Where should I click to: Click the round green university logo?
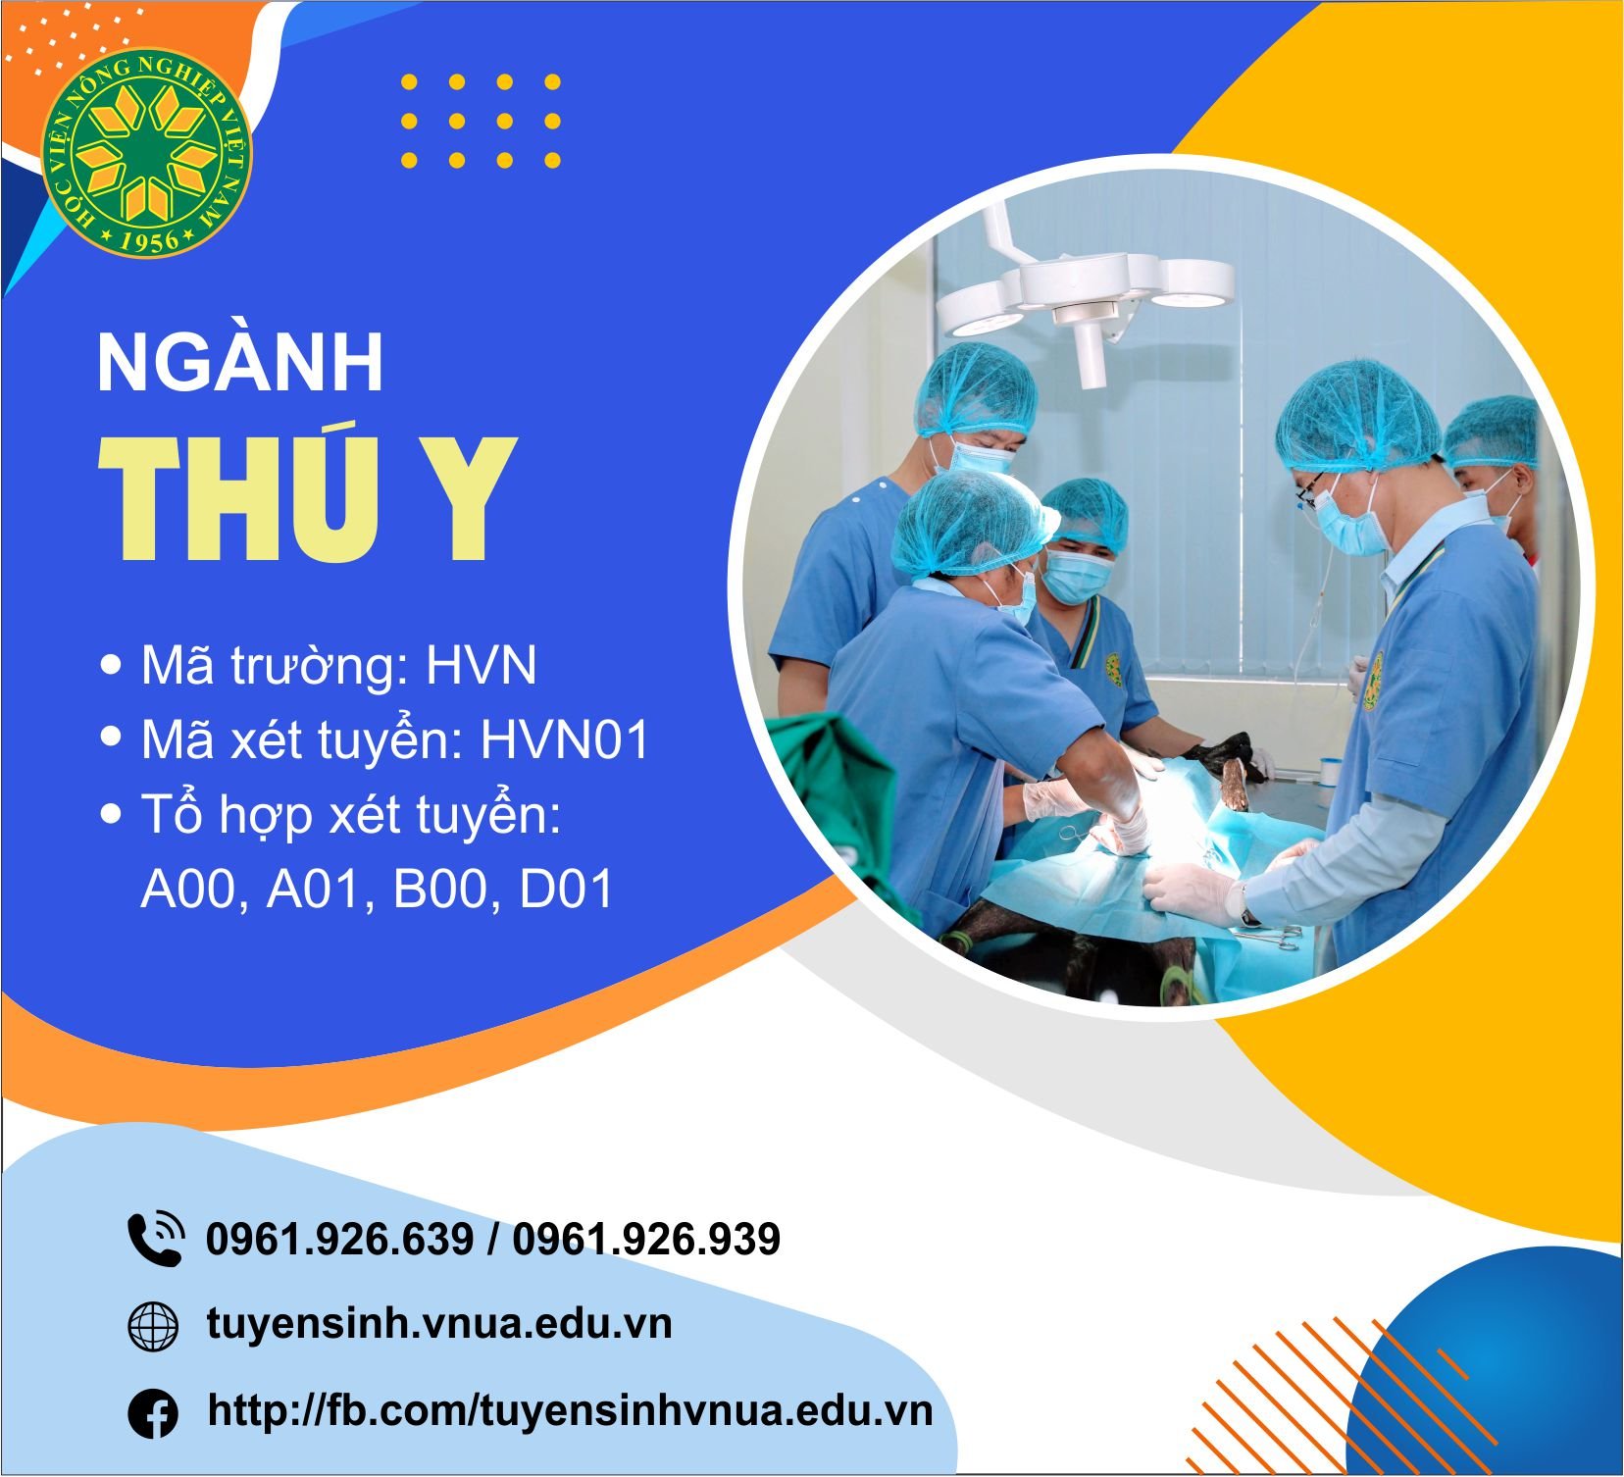[146, 153]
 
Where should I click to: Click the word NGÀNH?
[240, 363]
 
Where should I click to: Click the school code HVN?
[482, 666]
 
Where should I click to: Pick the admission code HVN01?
[565, 740]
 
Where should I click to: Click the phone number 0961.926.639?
[340, 1239]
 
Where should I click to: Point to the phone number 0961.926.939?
[646, 1239]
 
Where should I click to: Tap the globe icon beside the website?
[154, 1328]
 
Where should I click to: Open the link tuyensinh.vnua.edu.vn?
[439, 1323]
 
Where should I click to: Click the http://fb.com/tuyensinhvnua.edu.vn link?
[570, 1410]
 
